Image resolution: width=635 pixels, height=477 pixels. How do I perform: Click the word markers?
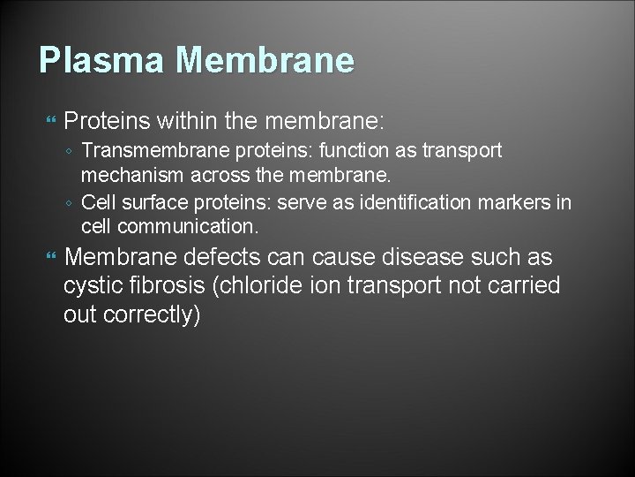point(514,203)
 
